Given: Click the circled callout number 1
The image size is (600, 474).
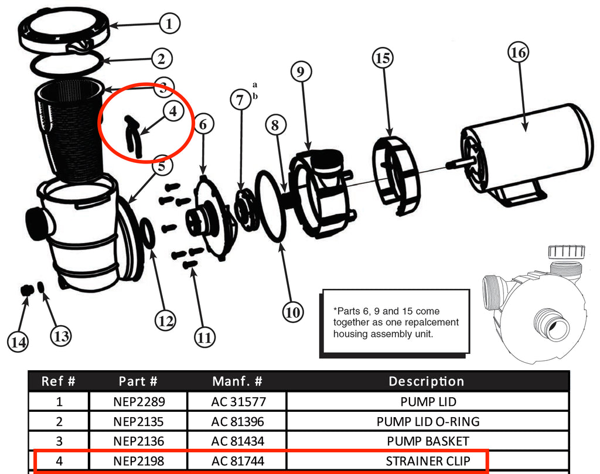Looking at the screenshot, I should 169,24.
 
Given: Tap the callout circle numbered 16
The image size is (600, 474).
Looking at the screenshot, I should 518,53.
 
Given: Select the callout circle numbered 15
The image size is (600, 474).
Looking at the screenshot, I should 383,58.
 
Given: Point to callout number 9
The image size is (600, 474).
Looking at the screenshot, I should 301,72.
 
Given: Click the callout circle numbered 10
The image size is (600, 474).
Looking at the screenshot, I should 293,312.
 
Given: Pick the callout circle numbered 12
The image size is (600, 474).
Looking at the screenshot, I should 165,320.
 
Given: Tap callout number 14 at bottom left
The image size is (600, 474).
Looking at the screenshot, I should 19,342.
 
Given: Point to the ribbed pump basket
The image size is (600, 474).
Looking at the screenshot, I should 70,129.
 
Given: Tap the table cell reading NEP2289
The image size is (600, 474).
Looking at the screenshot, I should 138,402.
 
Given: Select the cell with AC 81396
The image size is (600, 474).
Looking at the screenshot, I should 237,421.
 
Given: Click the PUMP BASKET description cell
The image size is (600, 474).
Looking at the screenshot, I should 427,441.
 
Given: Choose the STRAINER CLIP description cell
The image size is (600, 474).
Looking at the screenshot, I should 427,461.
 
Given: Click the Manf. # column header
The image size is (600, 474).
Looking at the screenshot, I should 237,381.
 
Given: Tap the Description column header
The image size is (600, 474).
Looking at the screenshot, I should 427,381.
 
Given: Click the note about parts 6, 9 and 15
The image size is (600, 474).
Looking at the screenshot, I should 396,322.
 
